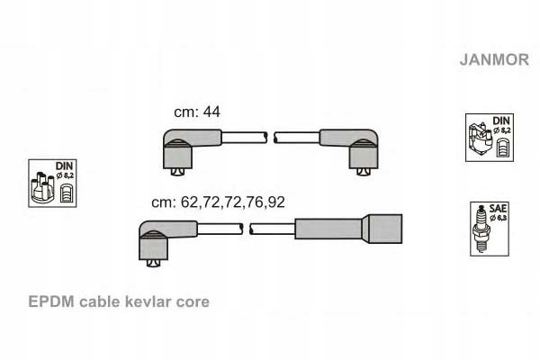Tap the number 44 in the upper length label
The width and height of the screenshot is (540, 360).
tap(212, 112)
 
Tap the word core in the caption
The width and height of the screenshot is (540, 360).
tap(193, 301)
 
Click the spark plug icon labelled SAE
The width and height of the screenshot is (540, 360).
tap(490, 227)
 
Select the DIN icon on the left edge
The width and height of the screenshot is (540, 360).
tap(52, 184)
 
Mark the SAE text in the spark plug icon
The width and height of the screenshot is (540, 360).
tap(497, 208)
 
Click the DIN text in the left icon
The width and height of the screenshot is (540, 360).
tap(65, 166)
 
